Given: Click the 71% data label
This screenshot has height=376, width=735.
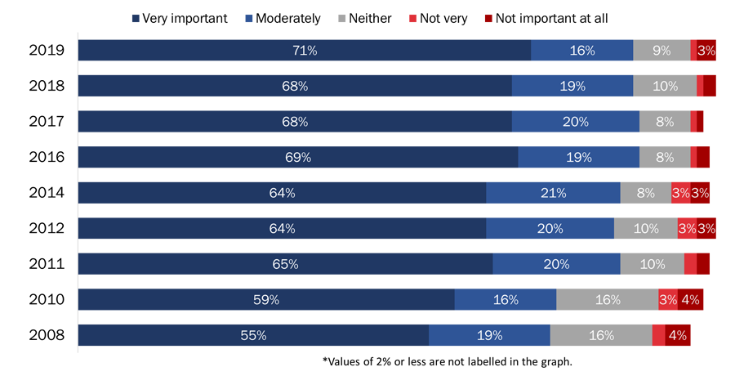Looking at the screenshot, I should click(305, 51).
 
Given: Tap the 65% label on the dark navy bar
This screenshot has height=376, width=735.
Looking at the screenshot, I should click(285, 264).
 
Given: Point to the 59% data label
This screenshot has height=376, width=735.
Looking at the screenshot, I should click(266, 300).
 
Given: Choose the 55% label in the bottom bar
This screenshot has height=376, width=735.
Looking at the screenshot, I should click(253, 335).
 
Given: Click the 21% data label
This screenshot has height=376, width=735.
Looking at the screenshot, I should click(553, 193).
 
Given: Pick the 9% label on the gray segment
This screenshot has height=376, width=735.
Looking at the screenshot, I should click(661, 51).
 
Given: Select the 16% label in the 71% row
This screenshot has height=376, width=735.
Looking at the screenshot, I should click(581, 51).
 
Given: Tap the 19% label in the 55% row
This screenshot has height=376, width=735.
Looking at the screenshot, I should click(489, 335).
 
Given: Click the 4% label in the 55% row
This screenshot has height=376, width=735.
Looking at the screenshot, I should click(677, 335).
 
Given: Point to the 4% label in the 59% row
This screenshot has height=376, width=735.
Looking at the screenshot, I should click(690, 300).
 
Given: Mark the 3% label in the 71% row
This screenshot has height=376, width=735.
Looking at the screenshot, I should click(706, 51).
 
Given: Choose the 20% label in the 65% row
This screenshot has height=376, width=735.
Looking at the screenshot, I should click(556, 264).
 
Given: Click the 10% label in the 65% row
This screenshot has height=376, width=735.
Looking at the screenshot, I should click(652, 264).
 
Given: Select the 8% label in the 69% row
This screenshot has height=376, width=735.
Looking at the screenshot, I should click(664, 157).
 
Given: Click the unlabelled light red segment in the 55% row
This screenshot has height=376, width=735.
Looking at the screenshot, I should click(658, 335).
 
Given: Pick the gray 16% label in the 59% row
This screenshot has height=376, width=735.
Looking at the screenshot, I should click(607, 300).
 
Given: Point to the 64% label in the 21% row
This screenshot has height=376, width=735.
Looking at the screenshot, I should click(282, 193).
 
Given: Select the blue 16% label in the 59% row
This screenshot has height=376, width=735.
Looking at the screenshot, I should click(506, 300).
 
